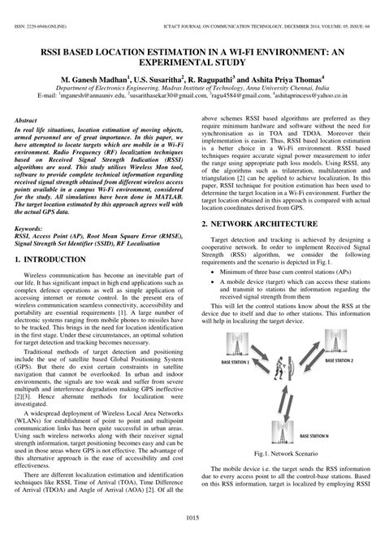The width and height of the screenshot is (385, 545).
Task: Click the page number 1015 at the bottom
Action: (x=192, y=519)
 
